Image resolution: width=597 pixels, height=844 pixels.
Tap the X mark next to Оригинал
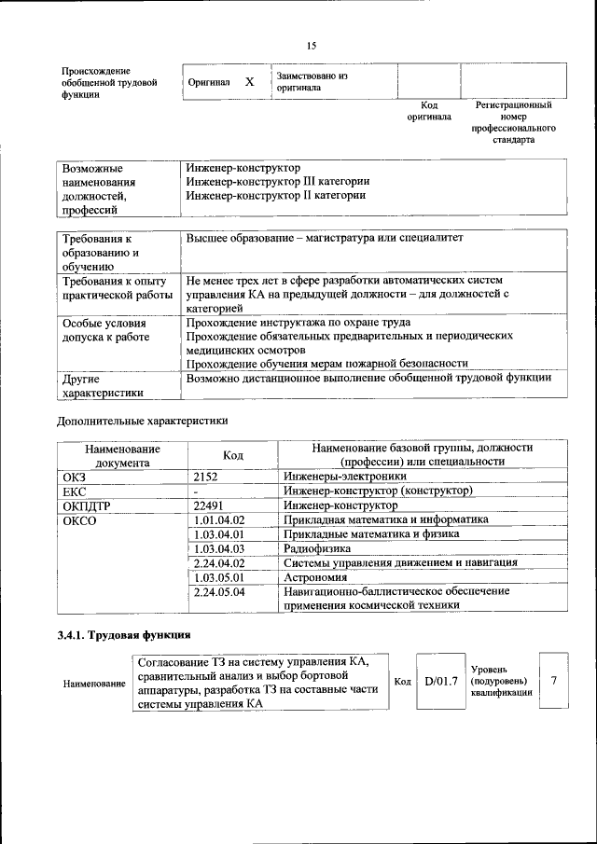249,82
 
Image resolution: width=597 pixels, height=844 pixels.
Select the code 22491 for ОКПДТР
209,505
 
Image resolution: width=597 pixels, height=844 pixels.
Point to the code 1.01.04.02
217,519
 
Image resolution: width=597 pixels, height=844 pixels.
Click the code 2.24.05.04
217,591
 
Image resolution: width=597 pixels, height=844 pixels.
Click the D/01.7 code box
440,682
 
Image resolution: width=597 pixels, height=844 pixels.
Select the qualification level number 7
553,681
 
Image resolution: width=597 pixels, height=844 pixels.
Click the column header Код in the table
233,455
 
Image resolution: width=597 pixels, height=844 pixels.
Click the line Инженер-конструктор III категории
277,182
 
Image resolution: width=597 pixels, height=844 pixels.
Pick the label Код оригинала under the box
428,111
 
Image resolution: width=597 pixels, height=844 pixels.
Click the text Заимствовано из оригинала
311,81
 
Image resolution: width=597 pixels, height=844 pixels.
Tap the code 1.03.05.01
217,577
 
